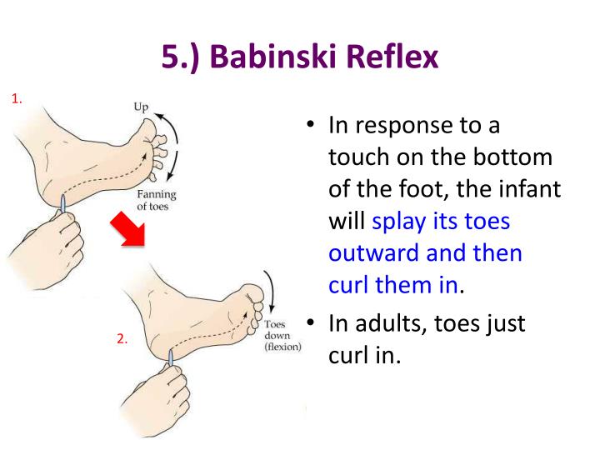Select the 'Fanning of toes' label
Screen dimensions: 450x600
tap(157, 201)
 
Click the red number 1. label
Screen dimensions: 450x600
tap(17, 100)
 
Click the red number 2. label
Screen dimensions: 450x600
tap(122, 339)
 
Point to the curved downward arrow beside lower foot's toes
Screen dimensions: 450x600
tap(267, 292)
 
